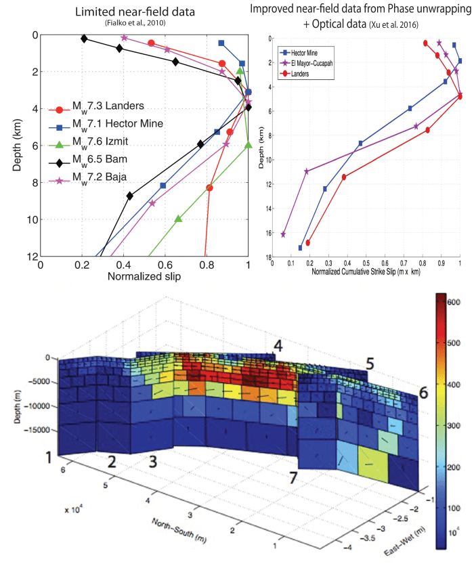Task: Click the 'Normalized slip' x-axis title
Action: tap(144, 277)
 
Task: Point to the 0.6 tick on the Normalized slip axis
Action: tap(165, 265)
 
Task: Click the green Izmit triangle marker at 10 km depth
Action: tap(178, 219)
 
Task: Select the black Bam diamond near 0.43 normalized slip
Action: tap(129, 196)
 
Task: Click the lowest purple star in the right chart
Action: tap(283, 234)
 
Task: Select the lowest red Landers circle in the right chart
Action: tap(308, 242)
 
